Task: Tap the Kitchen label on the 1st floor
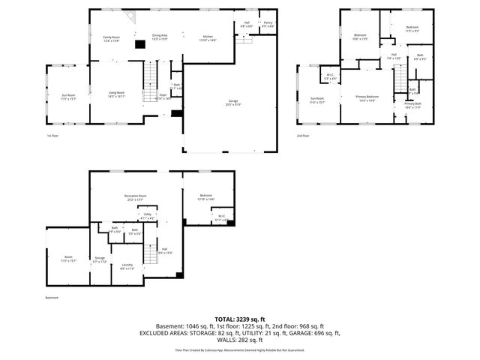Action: click(208, 37)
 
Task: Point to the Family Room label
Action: click(112, 37)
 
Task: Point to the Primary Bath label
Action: click(413, 105)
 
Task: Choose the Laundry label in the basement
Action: click(127, 266)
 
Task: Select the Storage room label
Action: click(100, 259)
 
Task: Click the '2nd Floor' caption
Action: click(303, 136)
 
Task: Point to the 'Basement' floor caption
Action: click(51, 297)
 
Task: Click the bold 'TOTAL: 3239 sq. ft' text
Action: click(239, 319)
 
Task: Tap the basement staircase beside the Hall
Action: click(151, 255)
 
